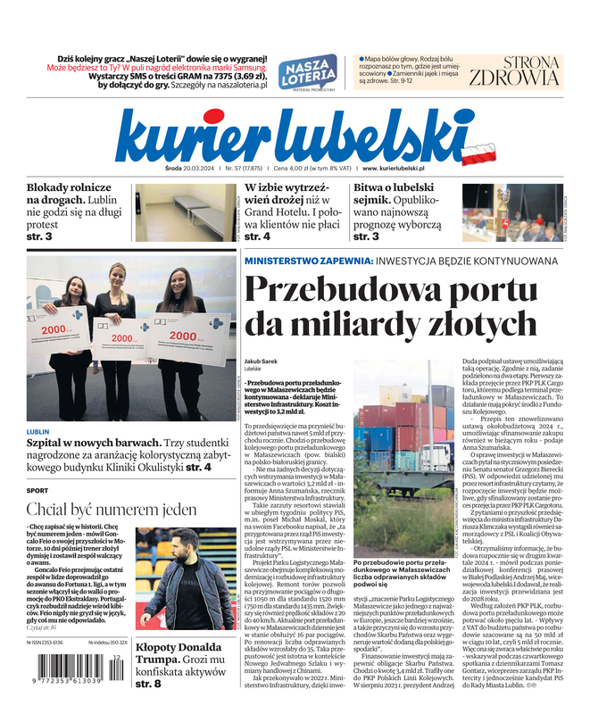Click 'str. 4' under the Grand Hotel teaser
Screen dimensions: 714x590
click(257, 237)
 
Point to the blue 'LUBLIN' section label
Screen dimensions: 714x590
click(38, 432)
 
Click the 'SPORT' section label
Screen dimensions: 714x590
click(37, 491)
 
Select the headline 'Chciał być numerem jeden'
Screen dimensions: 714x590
click(112, 511)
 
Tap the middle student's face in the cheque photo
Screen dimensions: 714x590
click(117, 273)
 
